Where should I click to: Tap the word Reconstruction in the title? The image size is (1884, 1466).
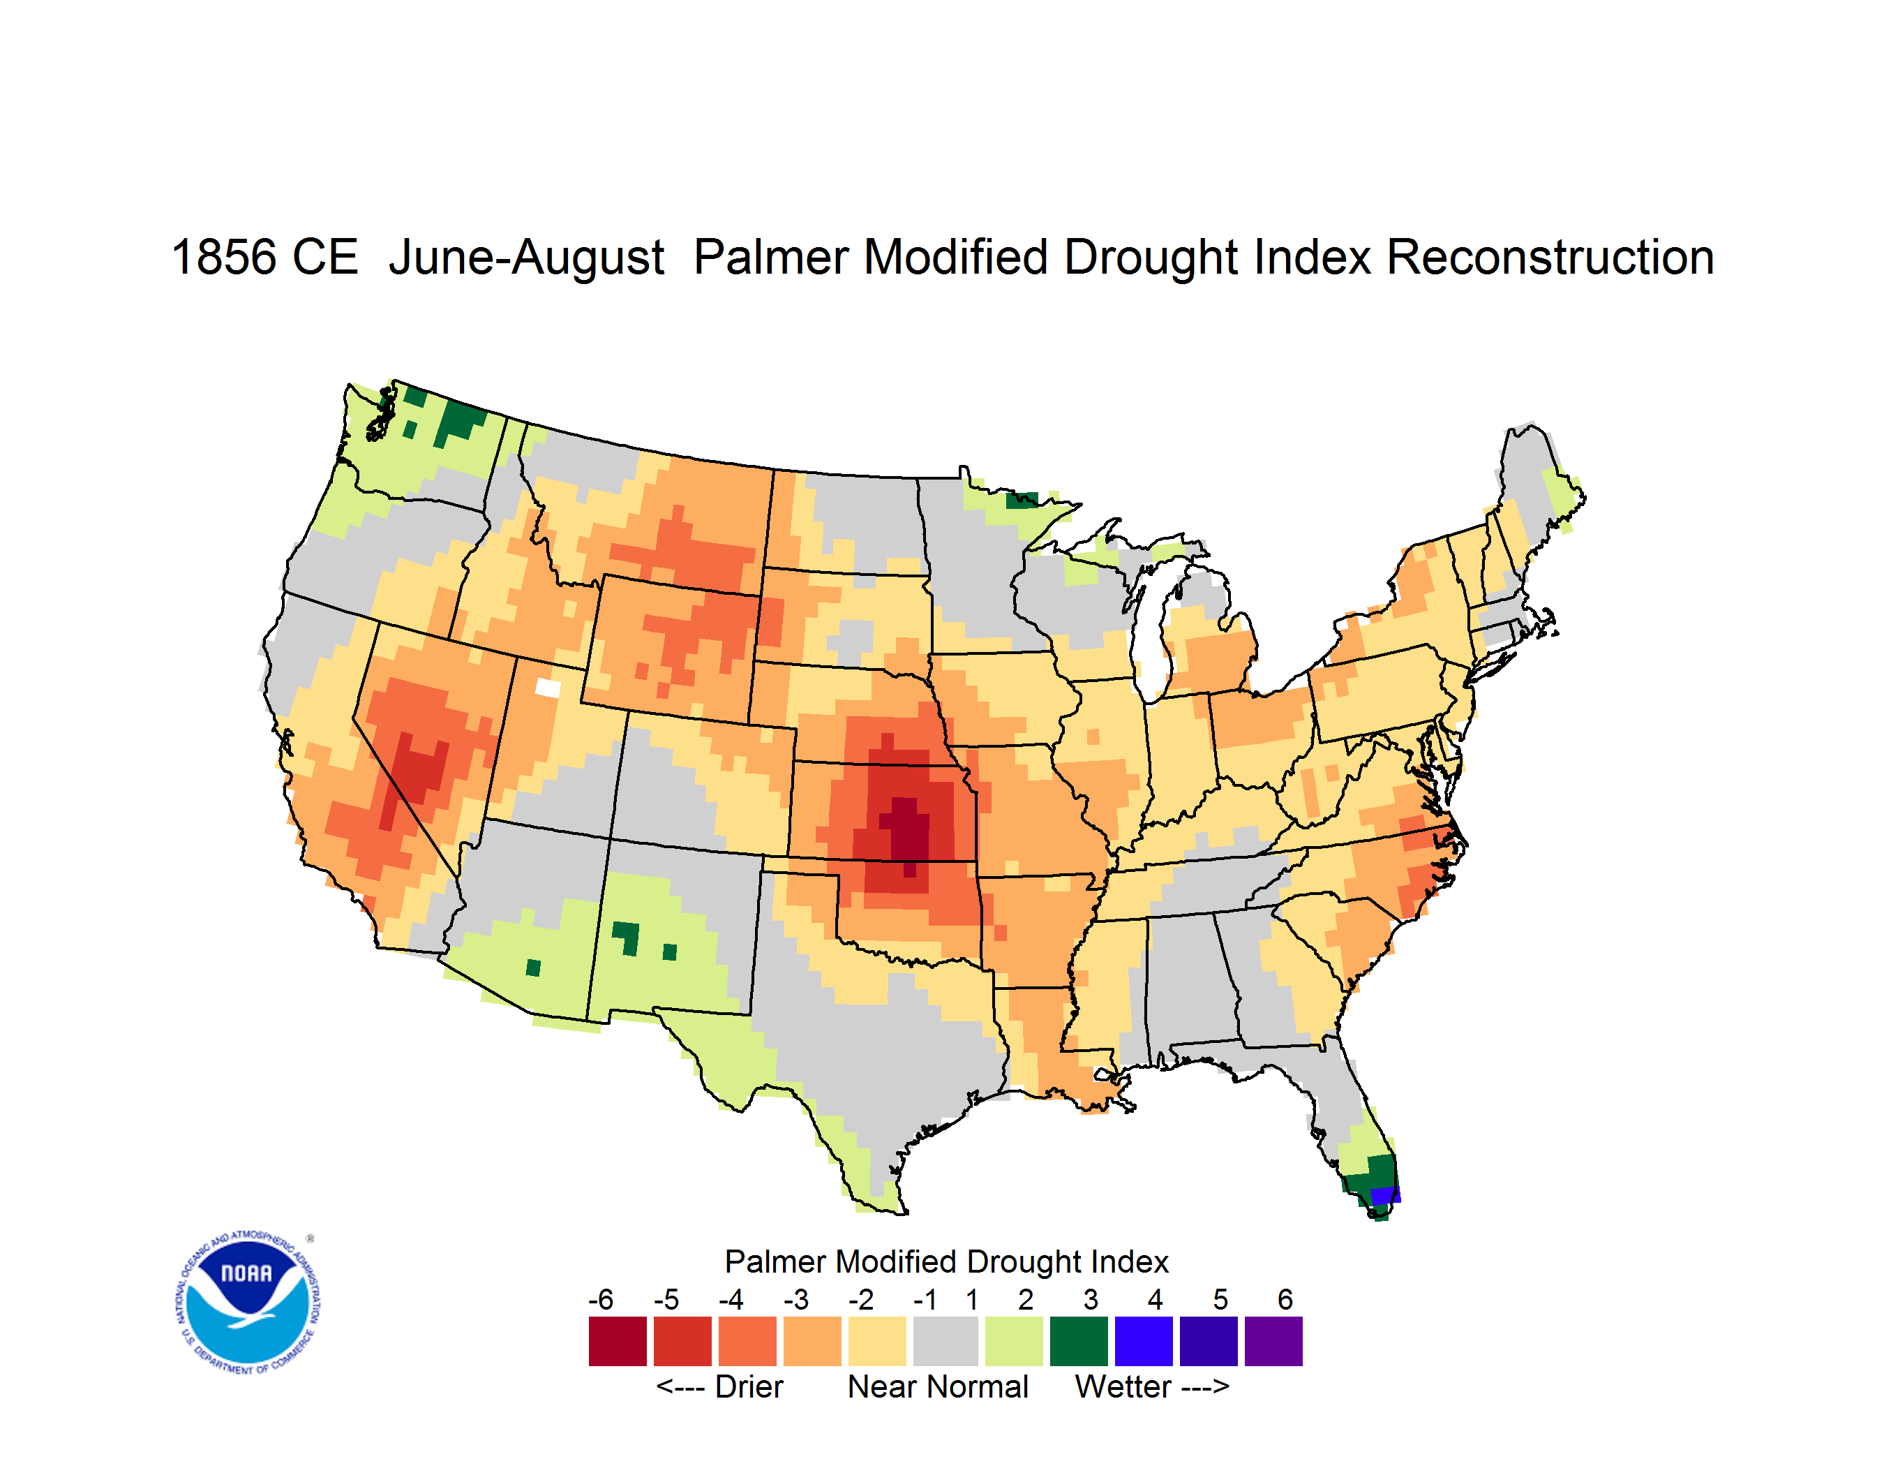[1550, 257]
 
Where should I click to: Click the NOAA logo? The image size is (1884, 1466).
[248, 1303]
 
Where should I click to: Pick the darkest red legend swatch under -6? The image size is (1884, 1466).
[618, 1341]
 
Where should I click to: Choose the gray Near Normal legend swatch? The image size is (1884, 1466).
[945, 1341]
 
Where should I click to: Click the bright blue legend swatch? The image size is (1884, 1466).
[1144, 1341]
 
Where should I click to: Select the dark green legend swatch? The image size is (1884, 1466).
[1079, 1341]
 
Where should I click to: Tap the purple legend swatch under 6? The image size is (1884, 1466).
[1273, 1341]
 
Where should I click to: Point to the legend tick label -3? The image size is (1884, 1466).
[796, 1299]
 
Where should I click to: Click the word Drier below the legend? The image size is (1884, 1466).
[749, 1386]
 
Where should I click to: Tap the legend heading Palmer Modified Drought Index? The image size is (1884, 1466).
[946, 1261]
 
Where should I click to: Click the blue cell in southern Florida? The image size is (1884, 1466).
[1385, 1195]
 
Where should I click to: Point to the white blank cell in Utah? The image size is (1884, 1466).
[548, 688]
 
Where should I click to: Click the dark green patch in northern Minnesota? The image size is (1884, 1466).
[1022, 500]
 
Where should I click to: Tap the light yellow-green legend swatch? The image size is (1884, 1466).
[1014, 1341]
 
